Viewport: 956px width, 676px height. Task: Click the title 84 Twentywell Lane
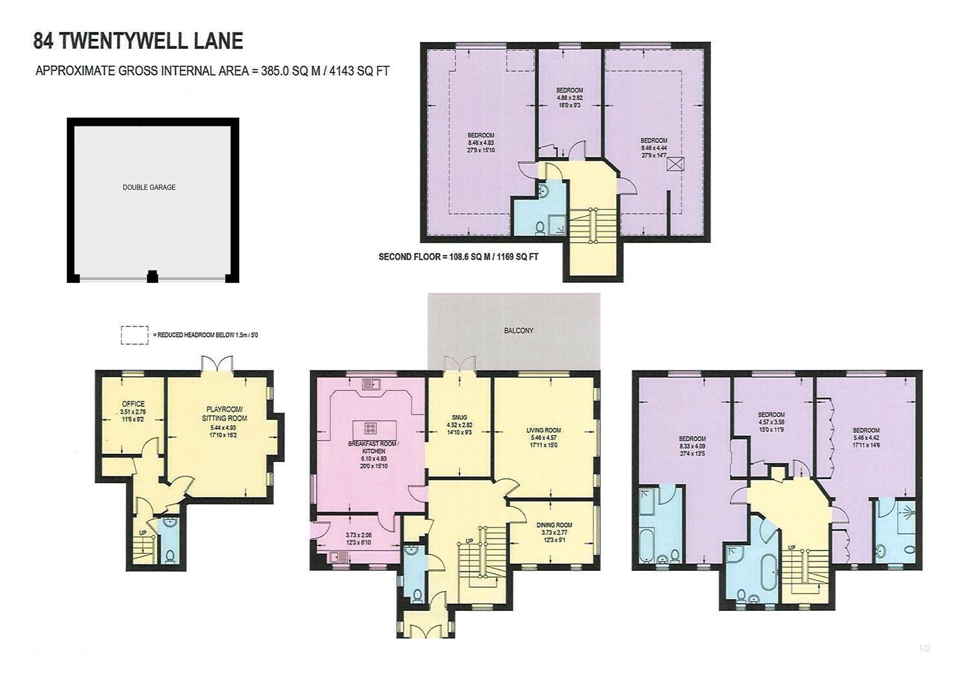[138, 41]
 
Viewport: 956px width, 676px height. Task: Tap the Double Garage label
[149, 187]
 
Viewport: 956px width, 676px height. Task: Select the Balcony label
[518, 330]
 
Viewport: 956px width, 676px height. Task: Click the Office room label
[133, 404]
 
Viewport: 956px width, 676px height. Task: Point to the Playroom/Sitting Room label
[224, 414]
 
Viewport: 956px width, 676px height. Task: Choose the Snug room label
[459, 417]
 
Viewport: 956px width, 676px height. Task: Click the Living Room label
[543, 431]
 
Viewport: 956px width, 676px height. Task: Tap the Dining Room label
[554, 525]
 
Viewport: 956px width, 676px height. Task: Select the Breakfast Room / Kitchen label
[373, 447]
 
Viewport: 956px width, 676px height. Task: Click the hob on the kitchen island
[370, 429]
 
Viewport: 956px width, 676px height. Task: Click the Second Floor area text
[458, 257]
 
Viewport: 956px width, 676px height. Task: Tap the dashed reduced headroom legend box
[134, 335]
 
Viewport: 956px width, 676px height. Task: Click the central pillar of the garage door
[152, 276]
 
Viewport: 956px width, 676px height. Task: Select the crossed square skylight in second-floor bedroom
[675, 164]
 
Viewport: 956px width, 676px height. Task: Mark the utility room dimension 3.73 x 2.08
[358, 535]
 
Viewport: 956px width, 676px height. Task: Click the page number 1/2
[924, 648]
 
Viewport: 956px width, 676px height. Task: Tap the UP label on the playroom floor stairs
[143, 533]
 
